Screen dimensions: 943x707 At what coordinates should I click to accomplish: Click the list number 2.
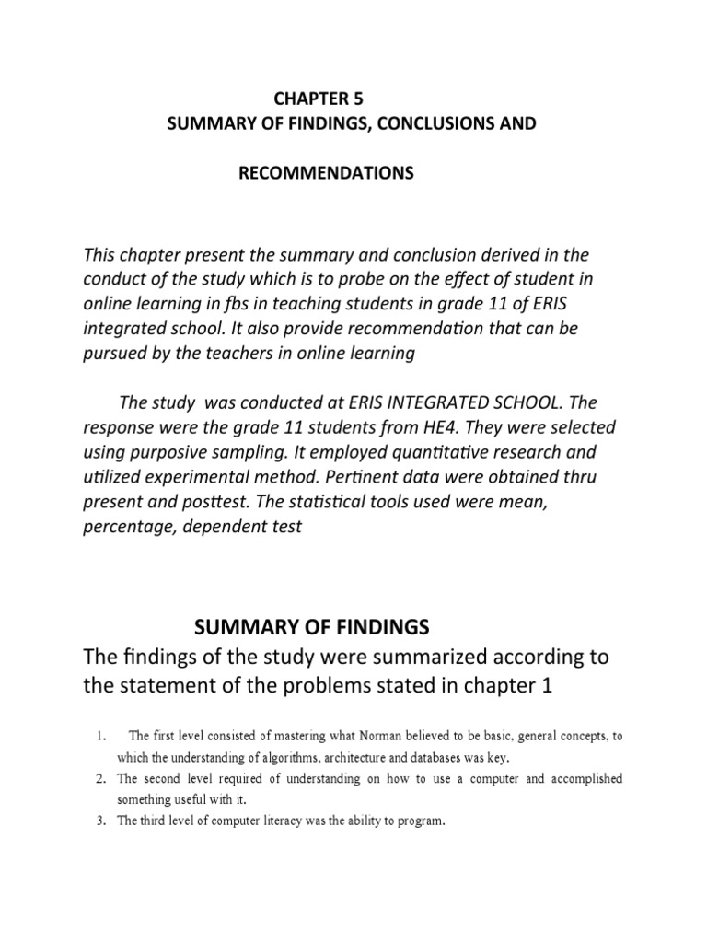coord(101,779)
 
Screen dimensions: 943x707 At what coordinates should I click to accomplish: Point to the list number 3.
coord(101,821)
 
